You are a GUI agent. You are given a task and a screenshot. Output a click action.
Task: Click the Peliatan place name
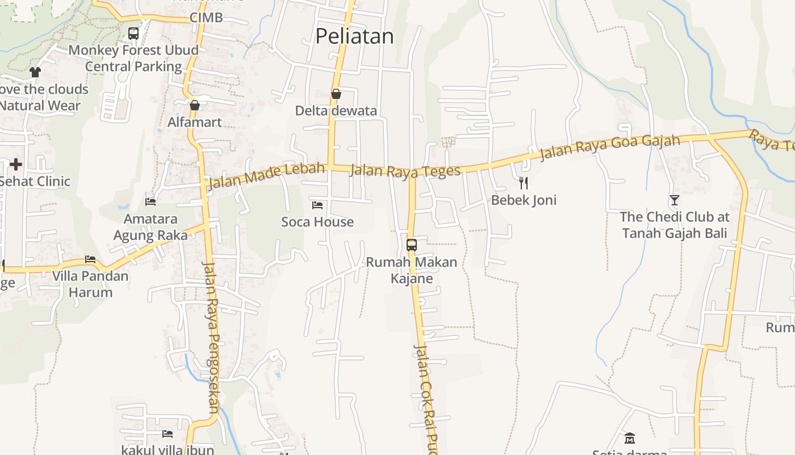coord(354,36)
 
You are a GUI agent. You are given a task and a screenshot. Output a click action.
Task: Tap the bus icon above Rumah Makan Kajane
coord(412,245)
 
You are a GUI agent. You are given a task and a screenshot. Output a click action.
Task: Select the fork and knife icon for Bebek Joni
coord(524,183)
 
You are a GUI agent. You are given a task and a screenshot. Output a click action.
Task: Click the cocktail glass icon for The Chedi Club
coord(674,200)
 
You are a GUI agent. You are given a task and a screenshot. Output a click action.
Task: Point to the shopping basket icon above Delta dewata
coord(336,94)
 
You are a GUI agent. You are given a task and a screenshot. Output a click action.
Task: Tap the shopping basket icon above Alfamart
coord(195,105)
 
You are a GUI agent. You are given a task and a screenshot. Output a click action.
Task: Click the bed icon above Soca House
coord(317,205)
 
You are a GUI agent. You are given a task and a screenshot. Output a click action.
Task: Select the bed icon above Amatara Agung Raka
coord(150,201)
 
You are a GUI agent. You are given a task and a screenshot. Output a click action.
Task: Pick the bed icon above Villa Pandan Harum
coord(90,259)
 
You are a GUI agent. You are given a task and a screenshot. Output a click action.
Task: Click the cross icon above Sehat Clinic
coord(16,164)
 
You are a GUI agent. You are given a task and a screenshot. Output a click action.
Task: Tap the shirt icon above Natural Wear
coord(35,72)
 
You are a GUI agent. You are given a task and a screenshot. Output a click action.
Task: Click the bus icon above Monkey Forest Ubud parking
coord(133,34)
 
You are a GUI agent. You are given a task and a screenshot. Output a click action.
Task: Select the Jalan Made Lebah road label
coord(266,176)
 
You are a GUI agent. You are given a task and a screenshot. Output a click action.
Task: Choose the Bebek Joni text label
coord(524,200)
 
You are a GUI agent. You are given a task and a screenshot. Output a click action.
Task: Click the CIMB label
coord(206,18)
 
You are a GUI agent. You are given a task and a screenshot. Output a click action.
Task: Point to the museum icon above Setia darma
coord(629,439)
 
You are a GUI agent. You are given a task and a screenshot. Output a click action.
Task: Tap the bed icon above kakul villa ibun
coord(168,434)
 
